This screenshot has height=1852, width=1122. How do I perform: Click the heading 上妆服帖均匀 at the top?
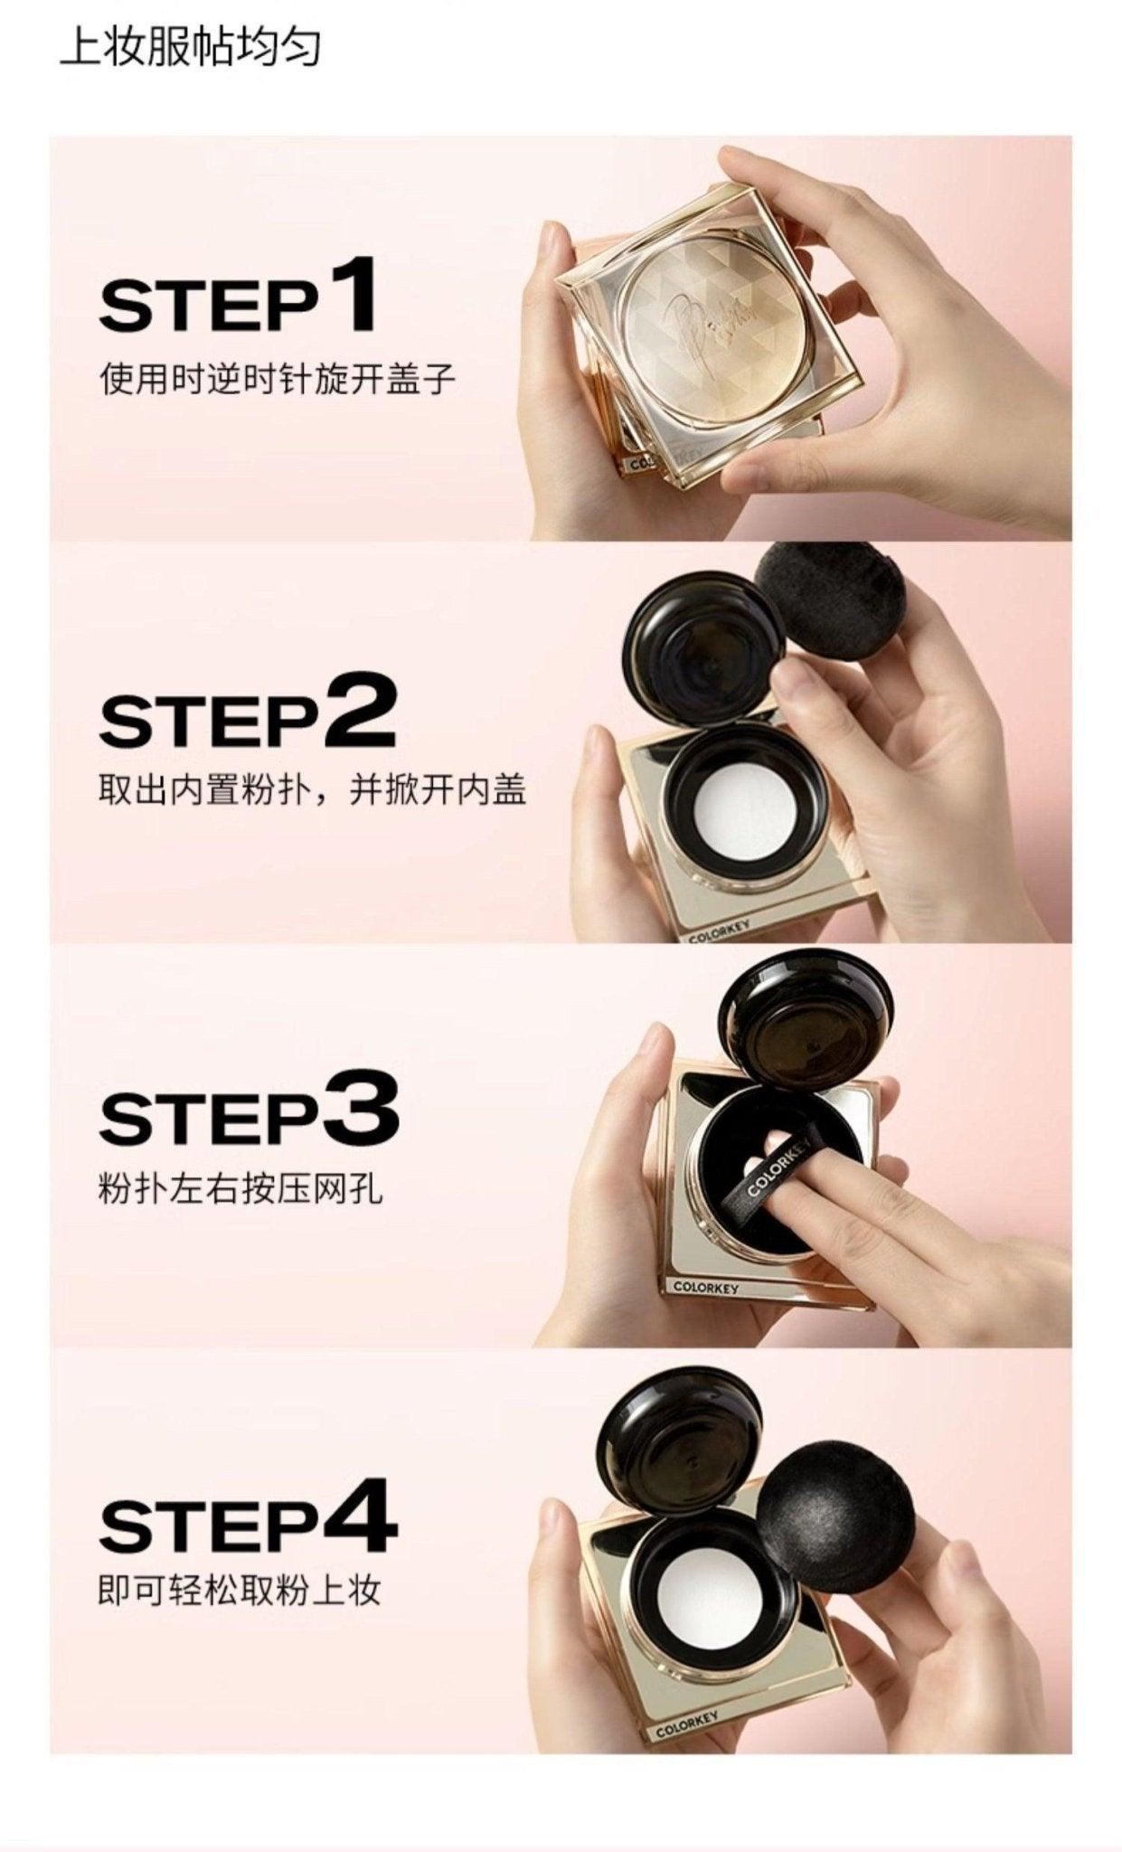[190, 48]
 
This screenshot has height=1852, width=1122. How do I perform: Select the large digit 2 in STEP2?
[358, 709]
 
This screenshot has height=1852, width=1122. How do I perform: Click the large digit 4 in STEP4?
[360, 1515]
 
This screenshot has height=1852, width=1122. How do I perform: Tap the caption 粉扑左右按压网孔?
[240, 1188]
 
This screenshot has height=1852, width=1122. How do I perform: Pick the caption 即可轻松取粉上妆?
[240, 1590]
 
